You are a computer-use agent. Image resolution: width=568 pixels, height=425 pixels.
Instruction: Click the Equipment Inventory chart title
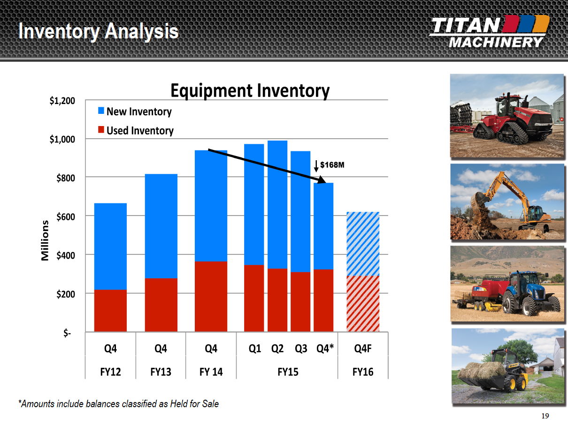[x=250, y=91]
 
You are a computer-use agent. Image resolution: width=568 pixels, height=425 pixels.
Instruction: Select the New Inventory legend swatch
[x=101, y=111]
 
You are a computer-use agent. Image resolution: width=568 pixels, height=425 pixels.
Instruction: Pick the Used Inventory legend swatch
[x=101, y=130]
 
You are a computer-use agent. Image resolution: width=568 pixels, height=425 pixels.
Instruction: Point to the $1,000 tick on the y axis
[x=62, y=140]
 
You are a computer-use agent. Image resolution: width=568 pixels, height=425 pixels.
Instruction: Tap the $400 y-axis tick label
[x=66, y=255]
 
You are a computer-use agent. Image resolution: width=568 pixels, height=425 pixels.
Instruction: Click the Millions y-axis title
[x=45, y=240]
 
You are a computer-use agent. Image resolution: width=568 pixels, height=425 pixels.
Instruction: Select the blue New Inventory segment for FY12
[x=110, y=246]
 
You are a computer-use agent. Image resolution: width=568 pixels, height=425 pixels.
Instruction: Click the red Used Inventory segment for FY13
[x=161, y=305]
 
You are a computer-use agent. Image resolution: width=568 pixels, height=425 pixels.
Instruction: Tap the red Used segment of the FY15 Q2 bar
[x=277, y=300]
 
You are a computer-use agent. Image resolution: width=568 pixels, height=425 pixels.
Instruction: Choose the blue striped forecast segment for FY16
[x=363, y=244]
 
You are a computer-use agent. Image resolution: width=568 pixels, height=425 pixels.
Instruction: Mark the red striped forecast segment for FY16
[x=363, y=304]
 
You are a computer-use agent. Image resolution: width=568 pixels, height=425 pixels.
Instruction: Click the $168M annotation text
[x=332, y=165]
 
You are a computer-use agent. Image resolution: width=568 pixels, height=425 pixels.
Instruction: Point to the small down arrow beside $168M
[x=316, y=166]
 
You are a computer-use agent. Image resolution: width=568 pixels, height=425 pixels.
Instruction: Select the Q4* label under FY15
[x=325, y=349]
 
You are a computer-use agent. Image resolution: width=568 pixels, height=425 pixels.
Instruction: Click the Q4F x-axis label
[x=363, y=349]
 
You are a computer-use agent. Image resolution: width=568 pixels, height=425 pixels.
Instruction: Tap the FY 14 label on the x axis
[x=211, y=372]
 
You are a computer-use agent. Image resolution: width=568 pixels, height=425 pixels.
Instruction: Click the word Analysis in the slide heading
[x=142, y=31]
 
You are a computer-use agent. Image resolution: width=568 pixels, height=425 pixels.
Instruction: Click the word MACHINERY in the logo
[x=496, y=42]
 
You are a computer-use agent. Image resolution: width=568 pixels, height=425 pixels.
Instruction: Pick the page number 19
[x=545, y=416]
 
